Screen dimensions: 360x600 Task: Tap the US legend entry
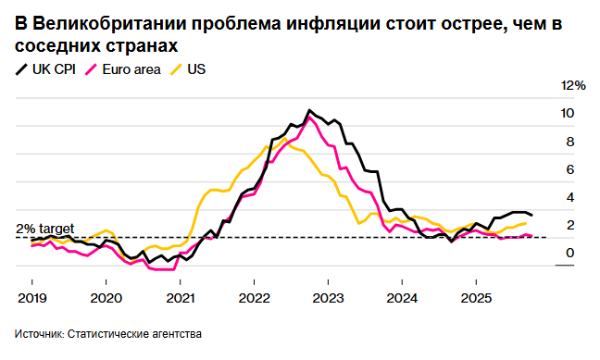196,69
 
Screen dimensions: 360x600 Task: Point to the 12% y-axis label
574,85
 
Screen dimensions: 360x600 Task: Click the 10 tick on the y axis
567,114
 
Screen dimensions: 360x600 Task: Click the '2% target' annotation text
44,228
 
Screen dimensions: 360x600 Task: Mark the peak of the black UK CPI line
308,110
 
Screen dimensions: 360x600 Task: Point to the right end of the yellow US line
527,223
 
